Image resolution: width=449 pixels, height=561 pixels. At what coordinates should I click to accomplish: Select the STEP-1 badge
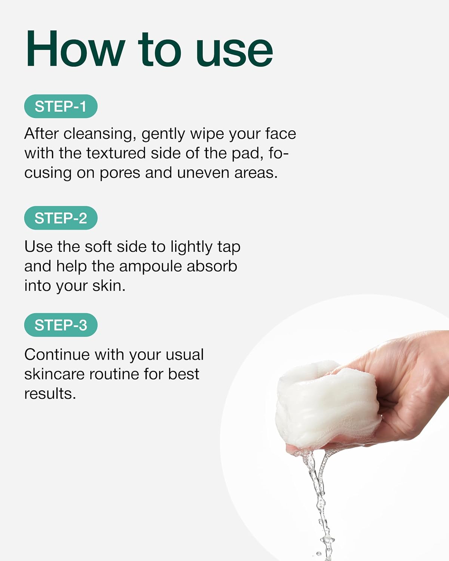61,106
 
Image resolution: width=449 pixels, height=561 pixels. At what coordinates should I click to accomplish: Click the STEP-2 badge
61,218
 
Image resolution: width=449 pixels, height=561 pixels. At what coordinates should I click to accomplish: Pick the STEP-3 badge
61,325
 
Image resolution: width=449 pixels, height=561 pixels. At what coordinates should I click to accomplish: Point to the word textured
116,153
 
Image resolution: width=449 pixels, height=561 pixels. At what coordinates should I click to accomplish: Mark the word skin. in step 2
109,286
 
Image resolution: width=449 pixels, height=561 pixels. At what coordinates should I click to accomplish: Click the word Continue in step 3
57,355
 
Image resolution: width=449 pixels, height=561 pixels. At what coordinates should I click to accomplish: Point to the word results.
50,394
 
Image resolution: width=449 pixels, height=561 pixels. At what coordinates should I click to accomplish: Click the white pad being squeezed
326,403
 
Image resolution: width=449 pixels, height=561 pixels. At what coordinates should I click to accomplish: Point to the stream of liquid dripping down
319,503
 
